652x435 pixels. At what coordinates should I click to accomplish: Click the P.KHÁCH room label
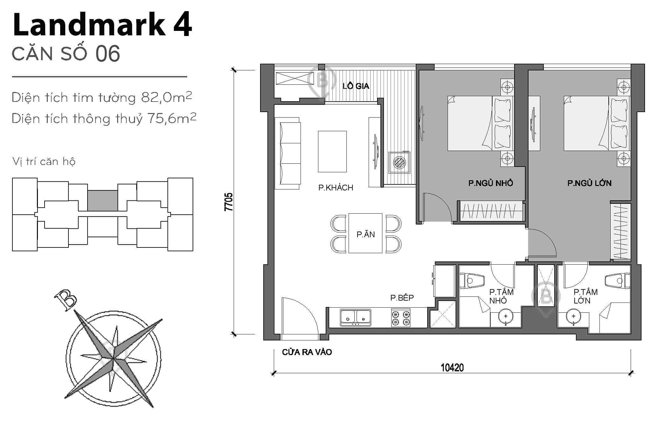coord(336,188)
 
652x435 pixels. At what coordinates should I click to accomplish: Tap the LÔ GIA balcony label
coord(356,86)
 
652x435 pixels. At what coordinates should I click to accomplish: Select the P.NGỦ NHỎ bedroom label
coord(491,183)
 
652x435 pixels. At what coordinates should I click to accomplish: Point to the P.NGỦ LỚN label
coord(589,183)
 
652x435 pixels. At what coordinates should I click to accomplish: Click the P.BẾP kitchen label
coord(402,298)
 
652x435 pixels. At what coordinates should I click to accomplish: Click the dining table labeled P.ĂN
coord(365,233)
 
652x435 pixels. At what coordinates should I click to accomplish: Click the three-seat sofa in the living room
coord(287,153)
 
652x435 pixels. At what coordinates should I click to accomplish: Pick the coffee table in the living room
coord(332,152)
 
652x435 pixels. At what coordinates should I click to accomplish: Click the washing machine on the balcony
coord(399,162)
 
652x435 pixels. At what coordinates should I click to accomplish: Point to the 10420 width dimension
coord(452,368)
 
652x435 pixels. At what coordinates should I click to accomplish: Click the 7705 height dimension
coord(229,202)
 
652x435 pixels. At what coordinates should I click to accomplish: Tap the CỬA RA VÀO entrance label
coord(307,352)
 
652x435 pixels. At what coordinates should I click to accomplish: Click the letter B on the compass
coord(66,300)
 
